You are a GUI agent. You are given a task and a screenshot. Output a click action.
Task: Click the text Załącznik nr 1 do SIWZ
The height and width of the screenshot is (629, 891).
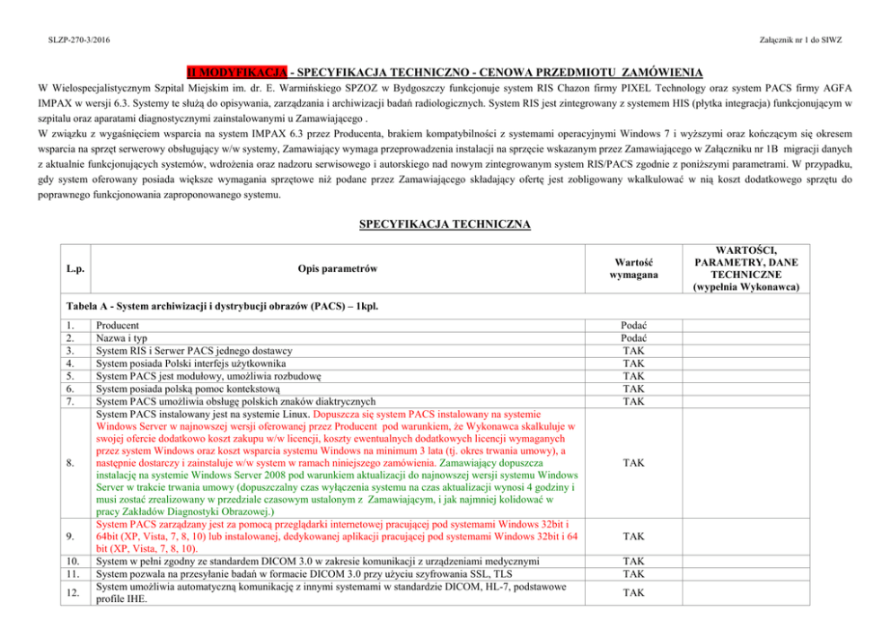coord(799,40)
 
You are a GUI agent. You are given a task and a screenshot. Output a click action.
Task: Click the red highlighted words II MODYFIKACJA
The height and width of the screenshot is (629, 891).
coord(237,71)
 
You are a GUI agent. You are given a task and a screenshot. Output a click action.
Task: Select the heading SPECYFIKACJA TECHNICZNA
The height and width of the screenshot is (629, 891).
coord(445,223)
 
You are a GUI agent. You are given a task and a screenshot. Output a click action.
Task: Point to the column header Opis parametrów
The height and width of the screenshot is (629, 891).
coord(337,268)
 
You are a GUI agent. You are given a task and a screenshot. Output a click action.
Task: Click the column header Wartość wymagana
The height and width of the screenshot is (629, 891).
coord(632,268)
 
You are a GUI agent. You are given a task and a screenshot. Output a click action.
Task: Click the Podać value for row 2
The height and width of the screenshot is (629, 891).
coord(633,338)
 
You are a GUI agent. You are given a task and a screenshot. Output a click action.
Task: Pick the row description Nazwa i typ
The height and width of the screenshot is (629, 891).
coord(124,338)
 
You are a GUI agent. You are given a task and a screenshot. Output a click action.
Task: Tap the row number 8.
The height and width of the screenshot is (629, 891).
coord(71,463)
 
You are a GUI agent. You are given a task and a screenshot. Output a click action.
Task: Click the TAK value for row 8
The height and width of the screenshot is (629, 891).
coord(633,463)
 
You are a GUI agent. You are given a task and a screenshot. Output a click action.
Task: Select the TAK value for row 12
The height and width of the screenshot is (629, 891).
coord(633,592)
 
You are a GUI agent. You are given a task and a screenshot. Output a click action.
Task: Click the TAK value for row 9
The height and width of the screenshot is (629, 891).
coord(633,536)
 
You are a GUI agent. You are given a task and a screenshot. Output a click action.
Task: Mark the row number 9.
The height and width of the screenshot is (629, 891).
coord(71,536)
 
